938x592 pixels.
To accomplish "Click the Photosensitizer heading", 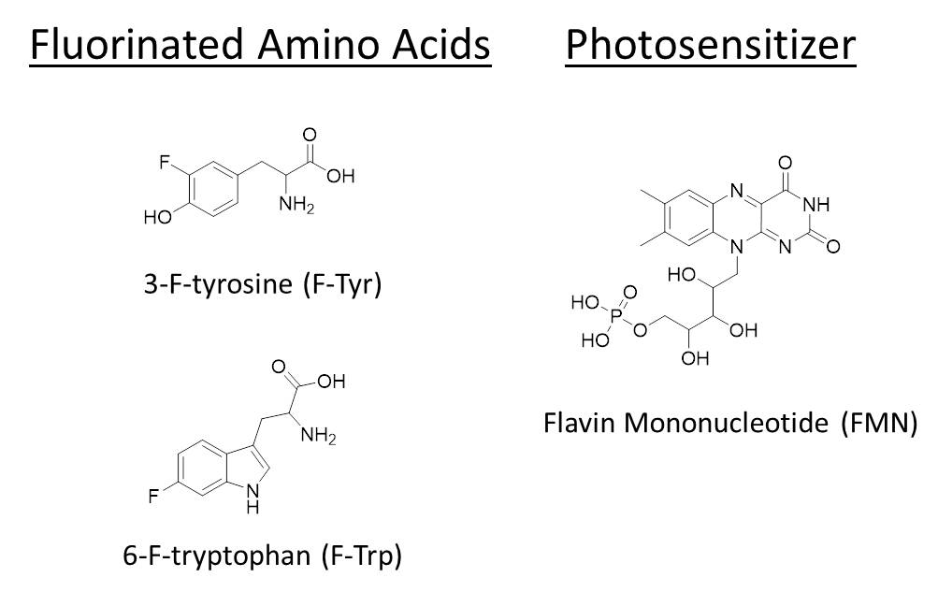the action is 710,45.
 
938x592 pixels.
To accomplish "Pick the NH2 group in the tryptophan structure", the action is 319,436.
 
